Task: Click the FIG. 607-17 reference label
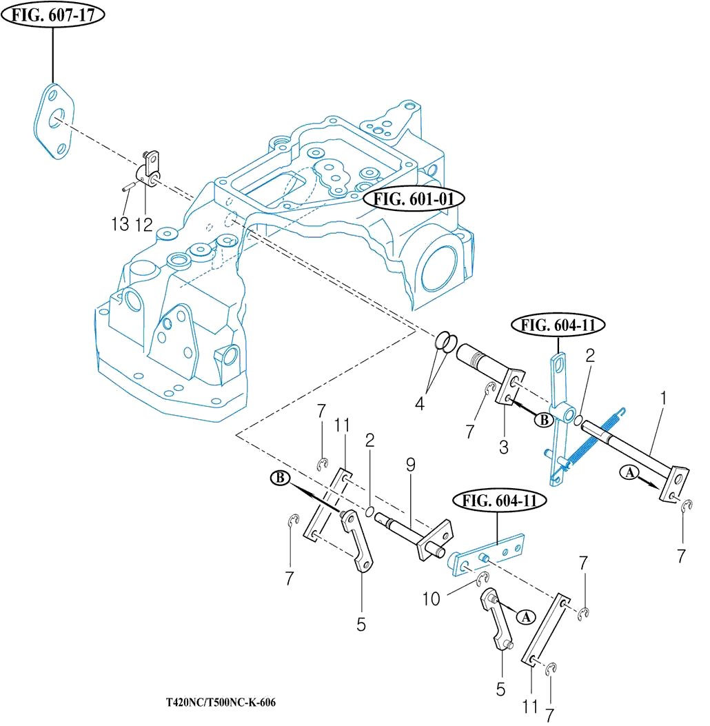click(x=53, y=16)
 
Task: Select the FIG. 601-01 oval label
click(x=415, y=199)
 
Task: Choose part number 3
click(x=504, y=446)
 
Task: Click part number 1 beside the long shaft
click(x=663, y=399)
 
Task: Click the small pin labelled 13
click(x=128, y=186)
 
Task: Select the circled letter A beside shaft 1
click(x=629, y=473)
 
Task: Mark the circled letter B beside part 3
click(x=543, y=419)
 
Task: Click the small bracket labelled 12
click(x=150, y=169)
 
